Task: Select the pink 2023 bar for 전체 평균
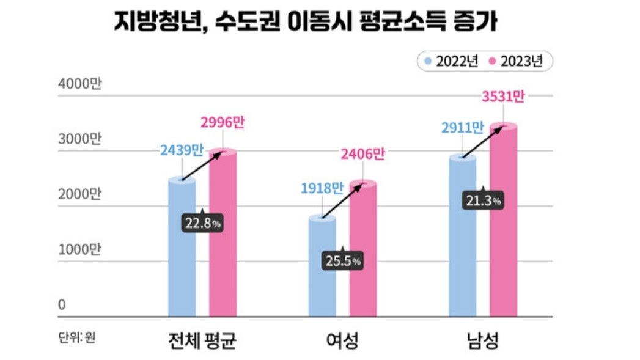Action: click(223, 244)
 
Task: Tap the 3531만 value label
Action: click(503, 97)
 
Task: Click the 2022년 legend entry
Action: click(452, 61)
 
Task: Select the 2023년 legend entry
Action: click(517, 61)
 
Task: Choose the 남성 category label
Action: click(482, 340)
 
